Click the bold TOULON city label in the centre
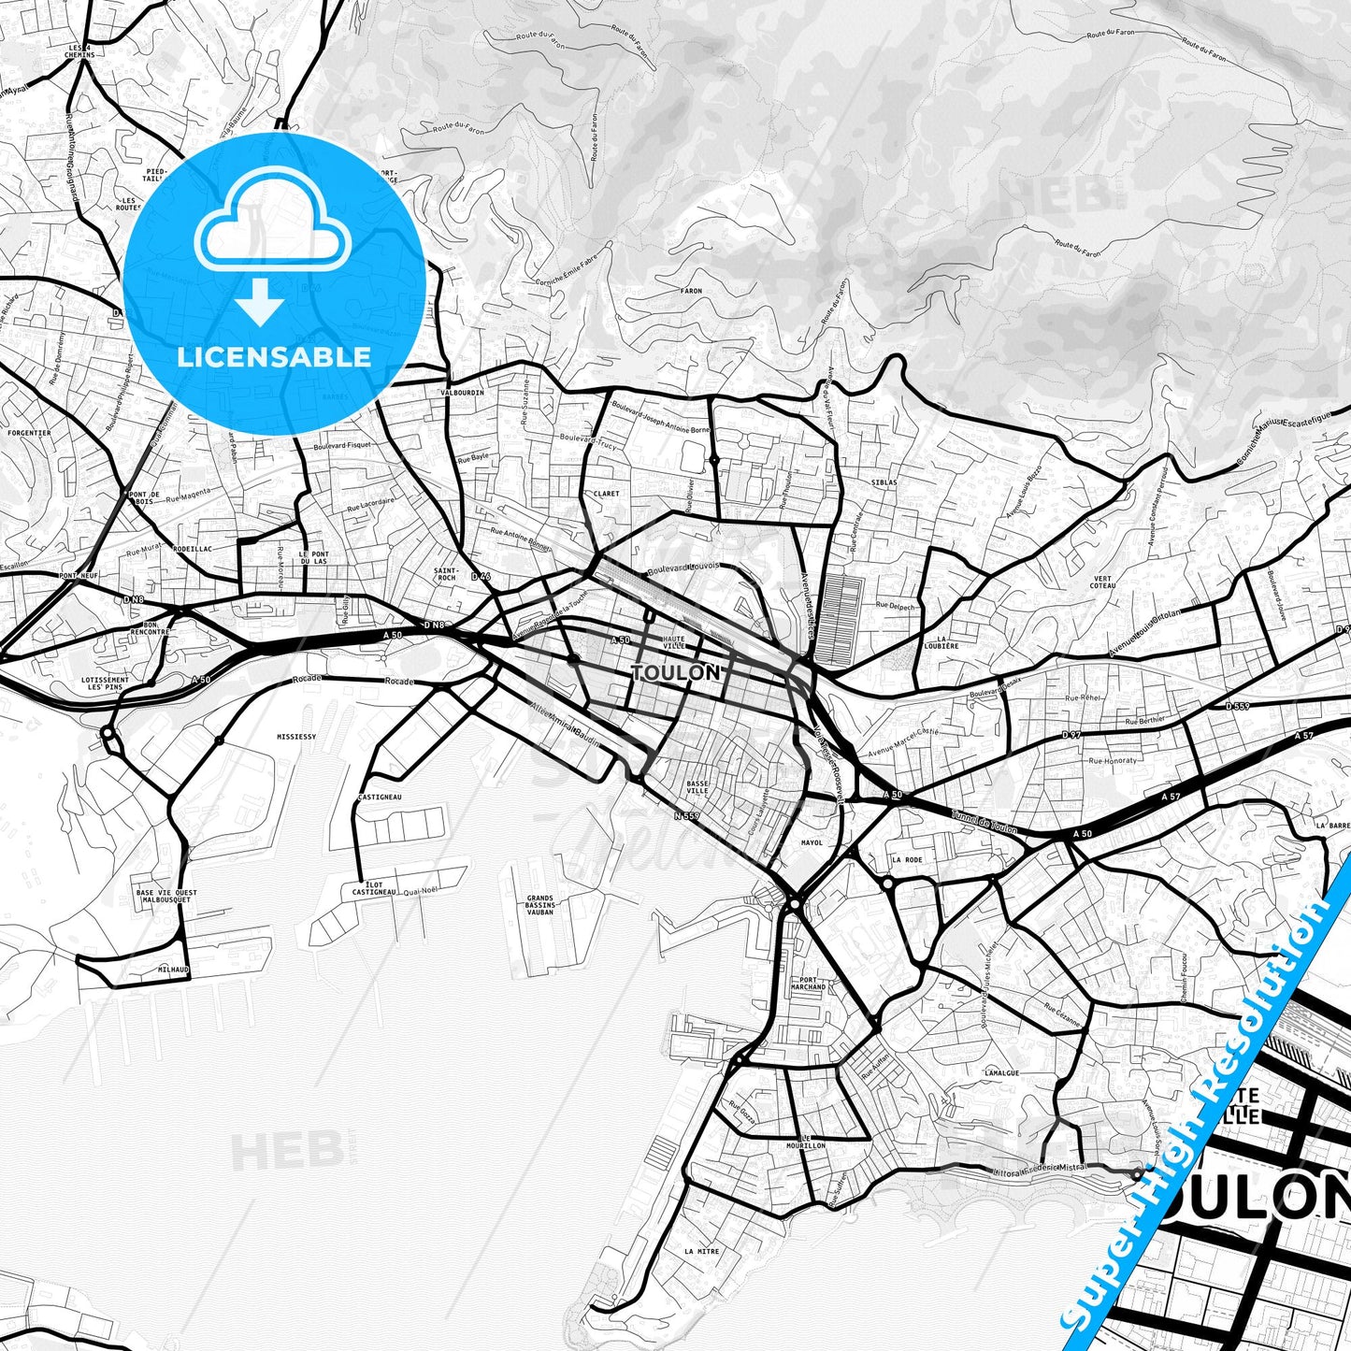(x=675, y=672)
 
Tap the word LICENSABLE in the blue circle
(x=274, y=356)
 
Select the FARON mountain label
(x=690, y=291)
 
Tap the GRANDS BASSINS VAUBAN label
(x=540, y=905)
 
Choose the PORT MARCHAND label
(x=807, y=983)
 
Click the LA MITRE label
(x=701, y=1251)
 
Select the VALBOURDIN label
(x=462, y=393)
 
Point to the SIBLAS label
(x=883, y=482)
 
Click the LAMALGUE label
(x=1001, y=1073)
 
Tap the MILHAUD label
(x=173, y=970)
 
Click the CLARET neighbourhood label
(x=606, y=494)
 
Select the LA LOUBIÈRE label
(x=948, y=642)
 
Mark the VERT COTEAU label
(x=1103, y=582)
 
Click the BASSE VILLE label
(x=697, y=787)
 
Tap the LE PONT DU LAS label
(x=314, y=557)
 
